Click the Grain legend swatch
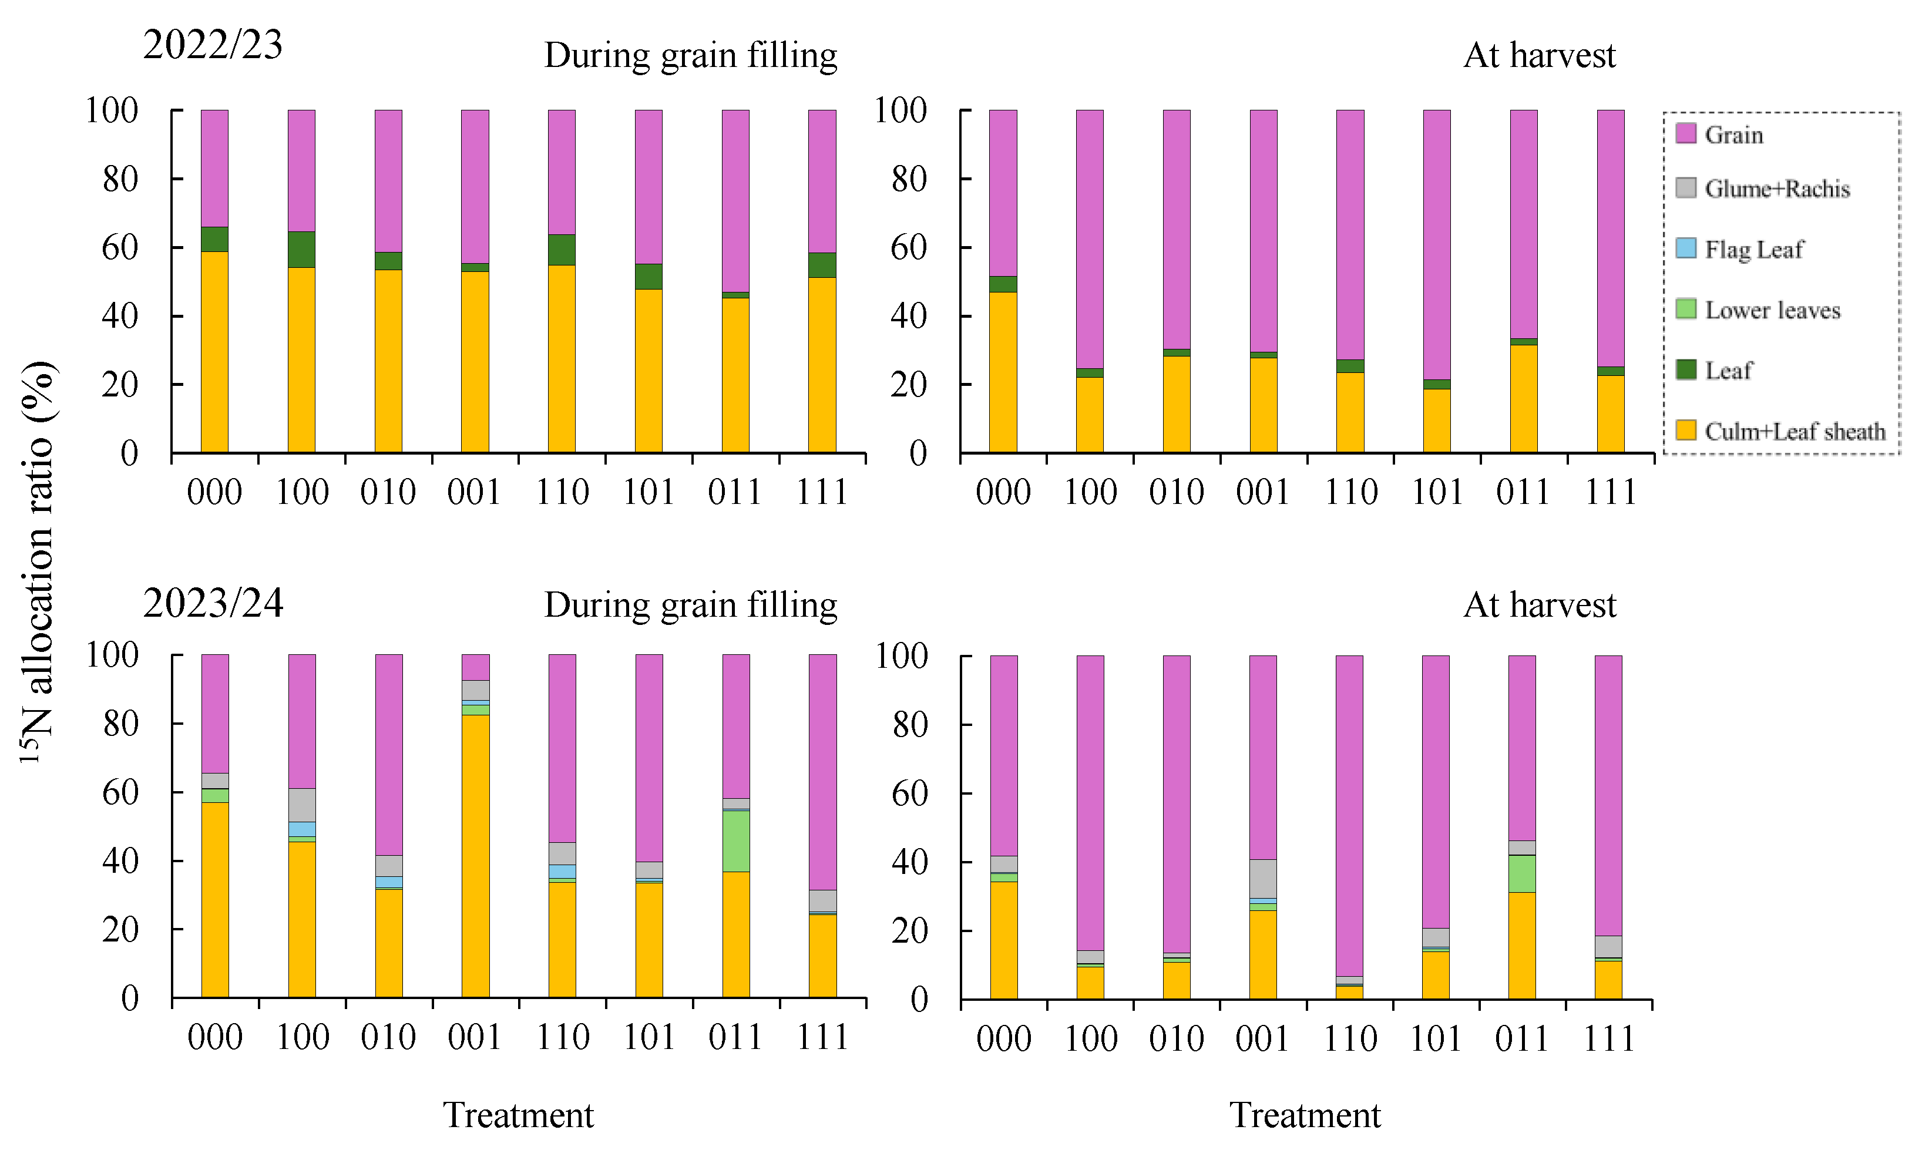1686,133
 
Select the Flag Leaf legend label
1754,250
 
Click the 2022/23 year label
213,45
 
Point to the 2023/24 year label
213,603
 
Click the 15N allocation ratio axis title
37,562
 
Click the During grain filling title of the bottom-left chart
690,605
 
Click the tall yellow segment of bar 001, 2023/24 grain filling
475,852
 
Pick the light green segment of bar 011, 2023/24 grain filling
735,841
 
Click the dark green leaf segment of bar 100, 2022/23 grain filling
301,250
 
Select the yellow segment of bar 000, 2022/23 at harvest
1003,372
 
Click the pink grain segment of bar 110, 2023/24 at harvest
1349,813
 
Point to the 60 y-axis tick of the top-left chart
120,248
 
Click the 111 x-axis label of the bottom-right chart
1608,1038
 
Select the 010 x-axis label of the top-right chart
1177,492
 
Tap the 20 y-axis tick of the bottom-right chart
910,931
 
